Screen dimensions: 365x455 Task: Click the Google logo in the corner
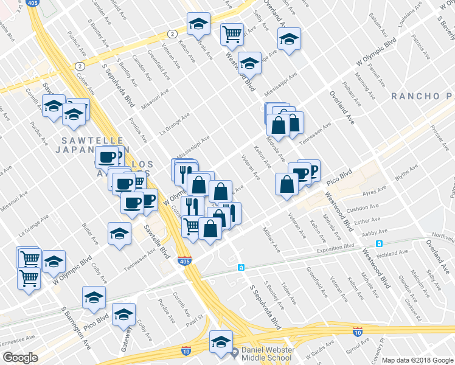click(x=20, y=358)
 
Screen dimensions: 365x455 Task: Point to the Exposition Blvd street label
click(x=335, y=248)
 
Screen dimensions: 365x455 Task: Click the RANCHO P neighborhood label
click(x=422, y=96)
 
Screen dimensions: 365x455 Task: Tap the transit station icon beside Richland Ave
click(x=379, y=244)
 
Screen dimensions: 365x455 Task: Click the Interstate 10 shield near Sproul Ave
click(x=358, y=332)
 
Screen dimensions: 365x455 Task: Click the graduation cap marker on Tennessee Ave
click(x=119, y=233)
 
